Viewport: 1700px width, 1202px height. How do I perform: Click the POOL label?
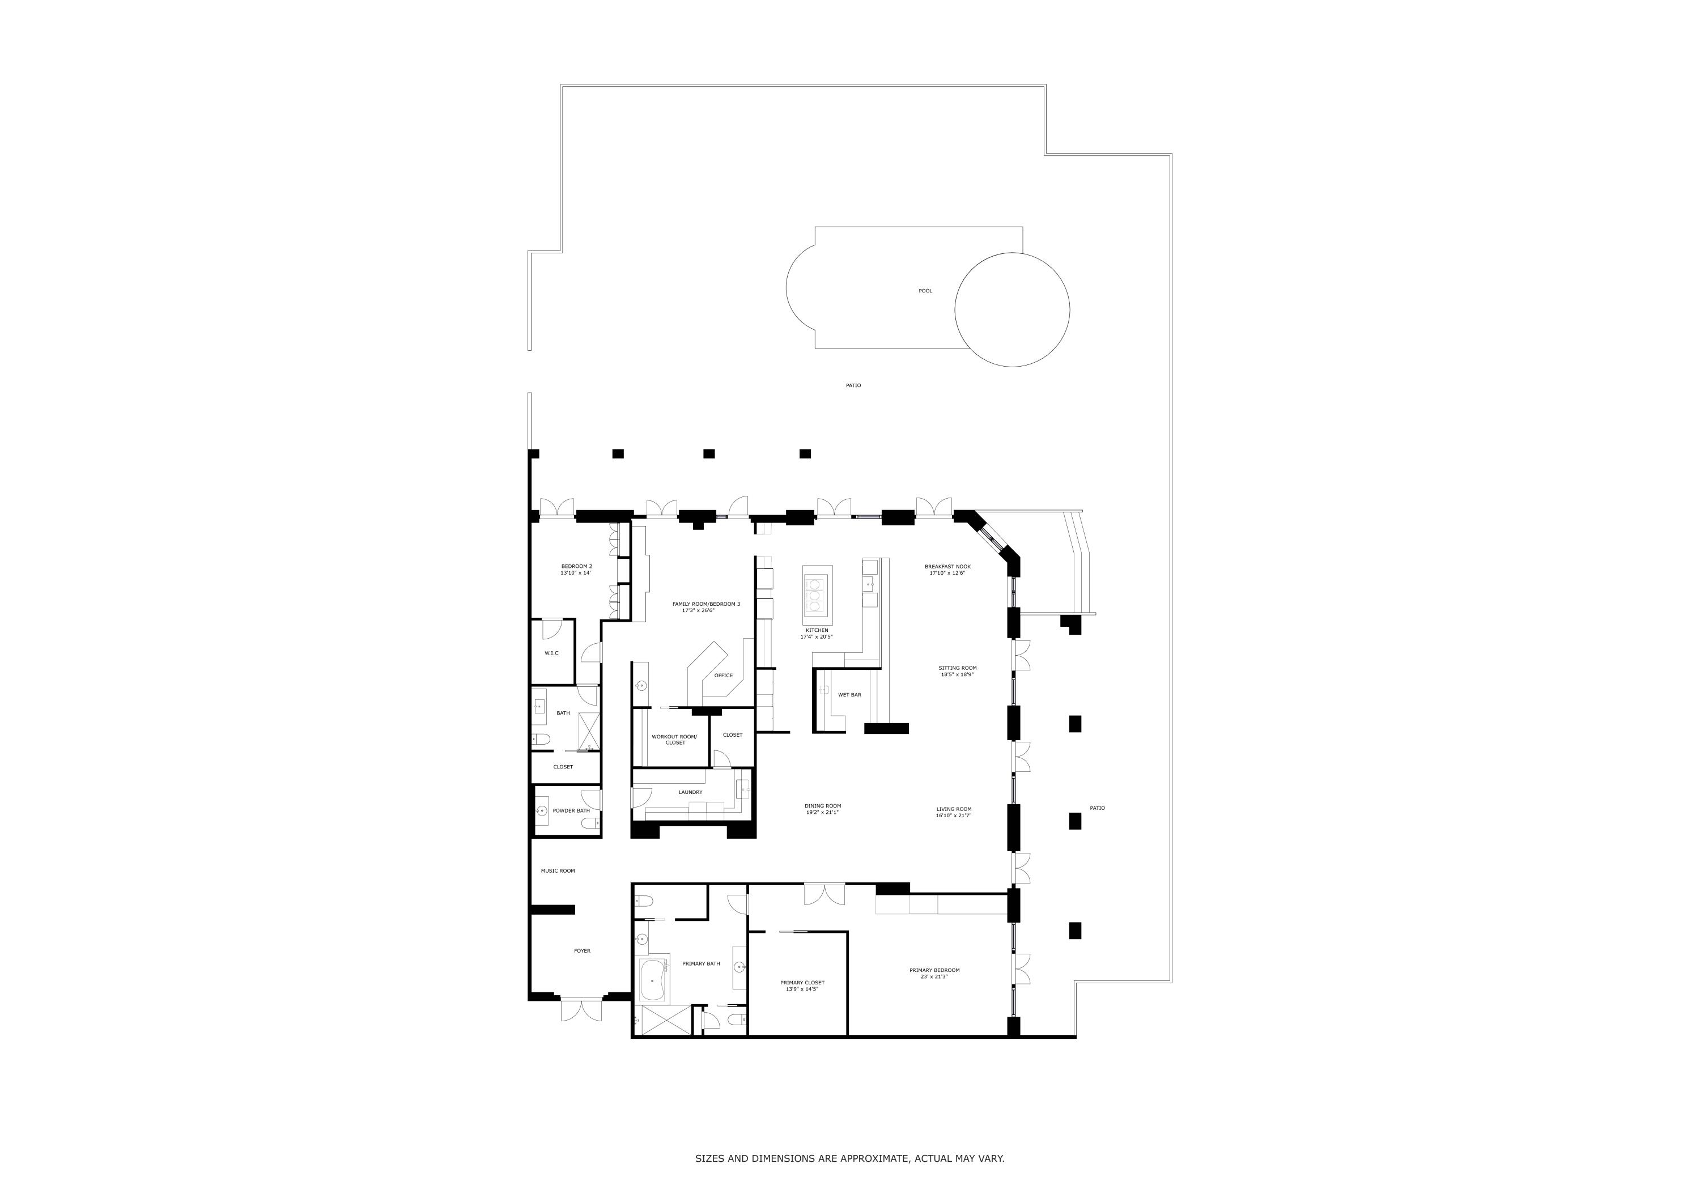[925, 291]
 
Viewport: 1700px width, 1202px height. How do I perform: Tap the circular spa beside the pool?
[1011, 309]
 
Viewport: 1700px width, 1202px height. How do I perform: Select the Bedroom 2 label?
[576, 566]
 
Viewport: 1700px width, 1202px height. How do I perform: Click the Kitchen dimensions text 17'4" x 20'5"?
[817, 637]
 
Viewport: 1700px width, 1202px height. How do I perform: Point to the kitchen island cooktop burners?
[815, 596]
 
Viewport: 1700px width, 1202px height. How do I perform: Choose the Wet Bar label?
[849, 695]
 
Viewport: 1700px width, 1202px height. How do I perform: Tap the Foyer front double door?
[581, 1009]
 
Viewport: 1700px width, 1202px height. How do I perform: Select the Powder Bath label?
[571, 810]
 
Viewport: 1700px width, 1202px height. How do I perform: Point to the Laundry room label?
[690, 792]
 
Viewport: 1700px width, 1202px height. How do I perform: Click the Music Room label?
[558, 871]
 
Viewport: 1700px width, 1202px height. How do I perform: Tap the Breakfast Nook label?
[947, 567]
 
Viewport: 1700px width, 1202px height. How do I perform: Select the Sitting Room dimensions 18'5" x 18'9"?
[957, 675]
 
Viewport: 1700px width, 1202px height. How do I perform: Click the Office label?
[724, 676]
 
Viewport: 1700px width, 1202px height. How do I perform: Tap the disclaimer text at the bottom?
[849, 1158]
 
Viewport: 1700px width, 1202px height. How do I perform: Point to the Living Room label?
[953, 809]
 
